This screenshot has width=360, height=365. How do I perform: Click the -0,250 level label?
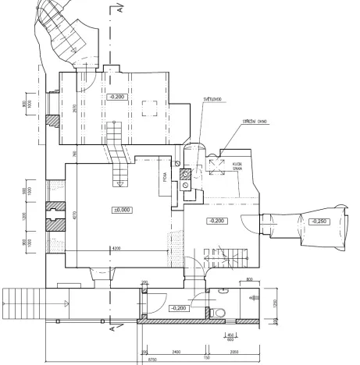[320, 221]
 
